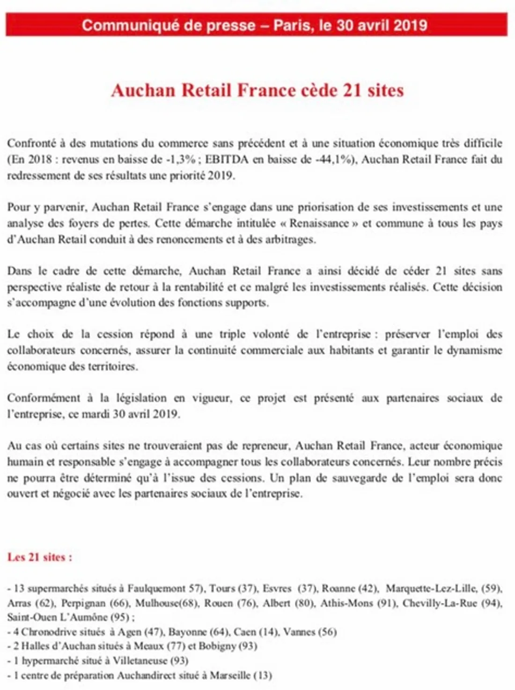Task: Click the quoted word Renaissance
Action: pos(319,223)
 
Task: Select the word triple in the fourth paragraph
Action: pos(233,334)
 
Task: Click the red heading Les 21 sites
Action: pos(39,557)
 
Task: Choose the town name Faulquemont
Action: pos(156,588)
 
